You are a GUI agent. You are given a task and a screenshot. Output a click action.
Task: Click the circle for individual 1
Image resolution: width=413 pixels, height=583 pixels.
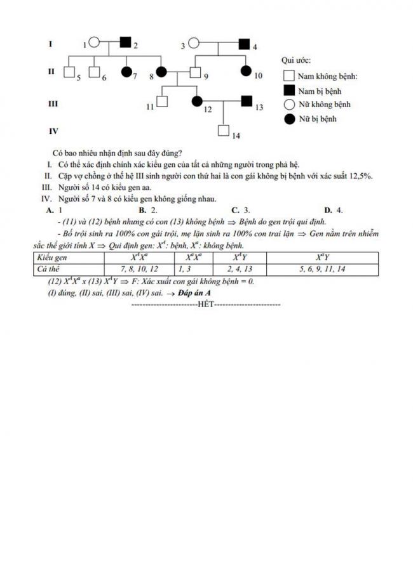[x=94, y=43]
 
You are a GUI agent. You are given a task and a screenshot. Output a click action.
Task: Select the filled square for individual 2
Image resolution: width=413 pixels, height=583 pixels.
[x=126, y=43]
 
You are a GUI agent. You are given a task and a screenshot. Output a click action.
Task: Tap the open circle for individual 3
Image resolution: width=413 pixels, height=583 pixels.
[x=193, y=44]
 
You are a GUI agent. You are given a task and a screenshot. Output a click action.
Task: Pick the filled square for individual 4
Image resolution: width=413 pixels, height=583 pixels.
[x=244, y=44]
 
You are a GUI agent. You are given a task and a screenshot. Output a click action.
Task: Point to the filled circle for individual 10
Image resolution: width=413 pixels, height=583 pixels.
[x=244, y=72]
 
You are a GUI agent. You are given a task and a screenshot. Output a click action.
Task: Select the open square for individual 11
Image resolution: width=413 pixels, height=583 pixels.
[x=162, y=101]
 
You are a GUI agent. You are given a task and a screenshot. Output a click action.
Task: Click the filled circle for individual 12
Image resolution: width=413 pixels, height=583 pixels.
[x=197, y=101]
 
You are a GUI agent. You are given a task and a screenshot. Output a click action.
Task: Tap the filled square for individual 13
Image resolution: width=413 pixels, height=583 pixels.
[x=247, y=101]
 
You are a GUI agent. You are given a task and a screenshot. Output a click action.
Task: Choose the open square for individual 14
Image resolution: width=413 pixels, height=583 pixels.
[x=223, y=130]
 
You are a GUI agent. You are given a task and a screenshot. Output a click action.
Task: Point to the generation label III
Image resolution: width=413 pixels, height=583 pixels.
[x=53, y=102]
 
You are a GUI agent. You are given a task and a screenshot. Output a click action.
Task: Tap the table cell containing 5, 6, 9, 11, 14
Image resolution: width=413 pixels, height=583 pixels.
[x=322, y=269]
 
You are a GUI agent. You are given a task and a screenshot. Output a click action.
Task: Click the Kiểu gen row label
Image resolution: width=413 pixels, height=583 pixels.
[x=52, y=258]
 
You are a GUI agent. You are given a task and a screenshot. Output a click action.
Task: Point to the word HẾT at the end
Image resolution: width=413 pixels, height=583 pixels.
[x=206, y=305]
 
